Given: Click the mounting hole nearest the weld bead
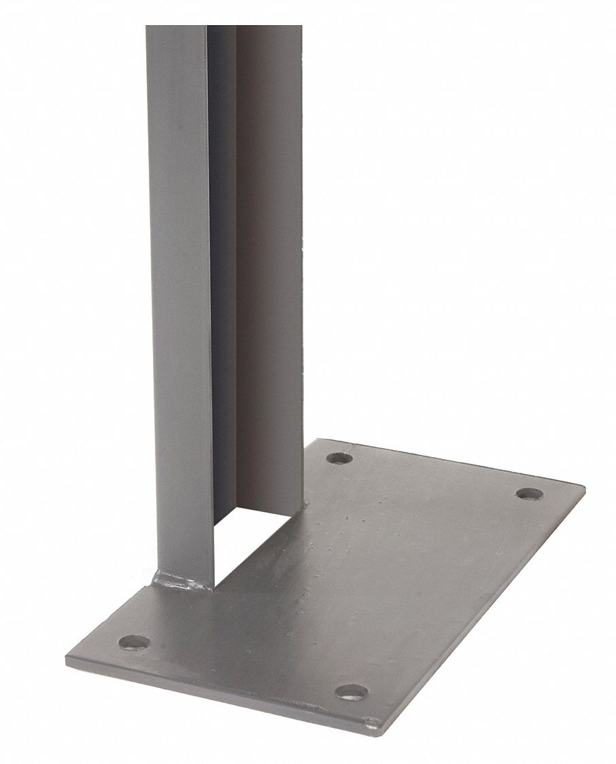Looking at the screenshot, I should (134, 640).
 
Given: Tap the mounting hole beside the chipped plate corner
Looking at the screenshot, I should (352, 692).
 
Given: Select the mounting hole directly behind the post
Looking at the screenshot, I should (339, 458).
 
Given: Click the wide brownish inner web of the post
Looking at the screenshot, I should (269, 272).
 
